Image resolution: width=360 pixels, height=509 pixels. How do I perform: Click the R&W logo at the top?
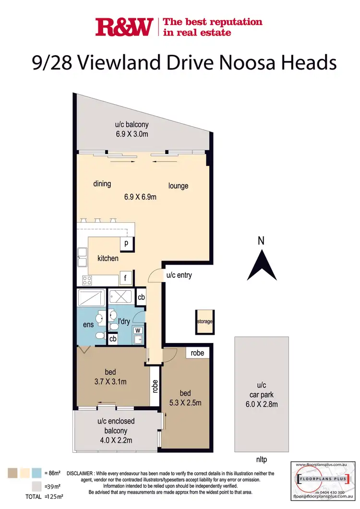(x=124, y=27)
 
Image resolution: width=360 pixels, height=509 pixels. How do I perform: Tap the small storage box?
(x=204, y=321)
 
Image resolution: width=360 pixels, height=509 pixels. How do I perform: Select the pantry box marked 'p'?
(x=126, y=243)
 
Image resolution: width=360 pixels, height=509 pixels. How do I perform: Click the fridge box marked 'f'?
(x=126, y=278)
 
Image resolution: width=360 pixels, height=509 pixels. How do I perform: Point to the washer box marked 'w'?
(x=138, y=330)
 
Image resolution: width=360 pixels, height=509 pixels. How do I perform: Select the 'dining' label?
(x=102, y=184)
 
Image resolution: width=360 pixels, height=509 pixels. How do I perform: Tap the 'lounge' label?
(x=178, y=186)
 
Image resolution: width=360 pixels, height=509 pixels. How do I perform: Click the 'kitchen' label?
(x=108, y=258)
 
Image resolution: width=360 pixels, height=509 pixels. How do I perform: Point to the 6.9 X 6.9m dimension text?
(x=141, y=197)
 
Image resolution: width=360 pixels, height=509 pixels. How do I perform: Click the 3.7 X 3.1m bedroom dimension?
(x=110, y=382)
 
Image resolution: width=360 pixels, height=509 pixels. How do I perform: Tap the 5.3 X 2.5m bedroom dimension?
(x=184, y=402)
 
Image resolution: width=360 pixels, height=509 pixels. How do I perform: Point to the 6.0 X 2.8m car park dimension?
(x=262, y=404)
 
